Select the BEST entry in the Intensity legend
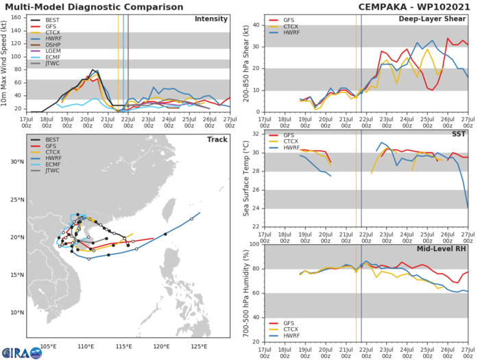tap(52, 22)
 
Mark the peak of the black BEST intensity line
tap(93, 70)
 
